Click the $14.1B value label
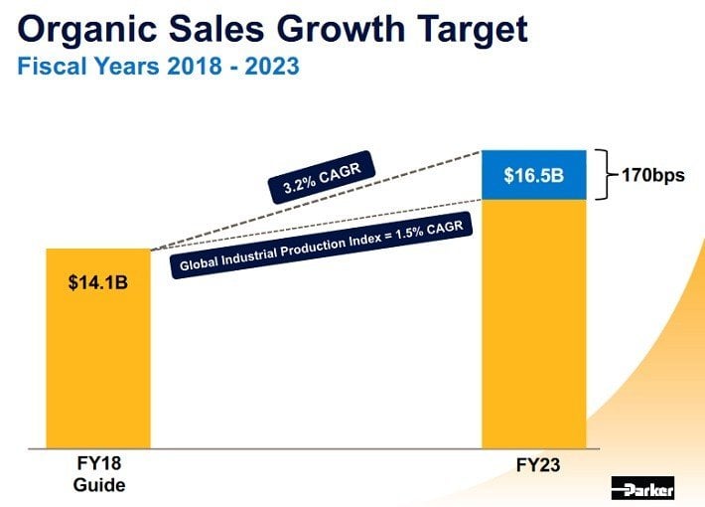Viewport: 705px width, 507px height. (97, 282)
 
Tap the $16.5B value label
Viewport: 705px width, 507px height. (532, 176)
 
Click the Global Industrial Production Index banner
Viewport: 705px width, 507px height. (324, 249)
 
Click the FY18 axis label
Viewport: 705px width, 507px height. (97, 464)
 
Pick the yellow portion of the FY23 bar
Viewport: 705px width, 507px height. (532, 328)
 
